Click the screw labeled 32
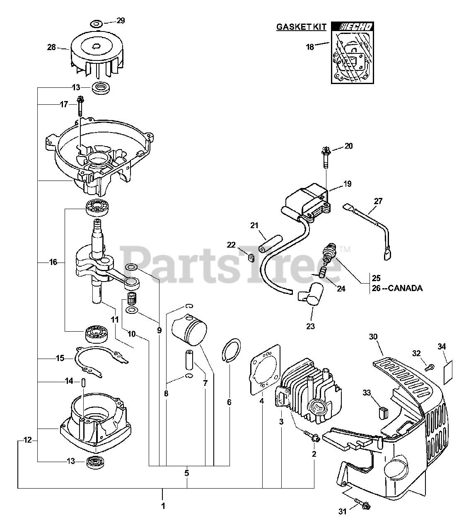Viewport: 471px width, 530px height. pyautogui.click(x=430, y=366)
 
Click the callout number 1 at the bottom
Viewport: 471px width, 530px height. pyautogui.click(x=163, y=506)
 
